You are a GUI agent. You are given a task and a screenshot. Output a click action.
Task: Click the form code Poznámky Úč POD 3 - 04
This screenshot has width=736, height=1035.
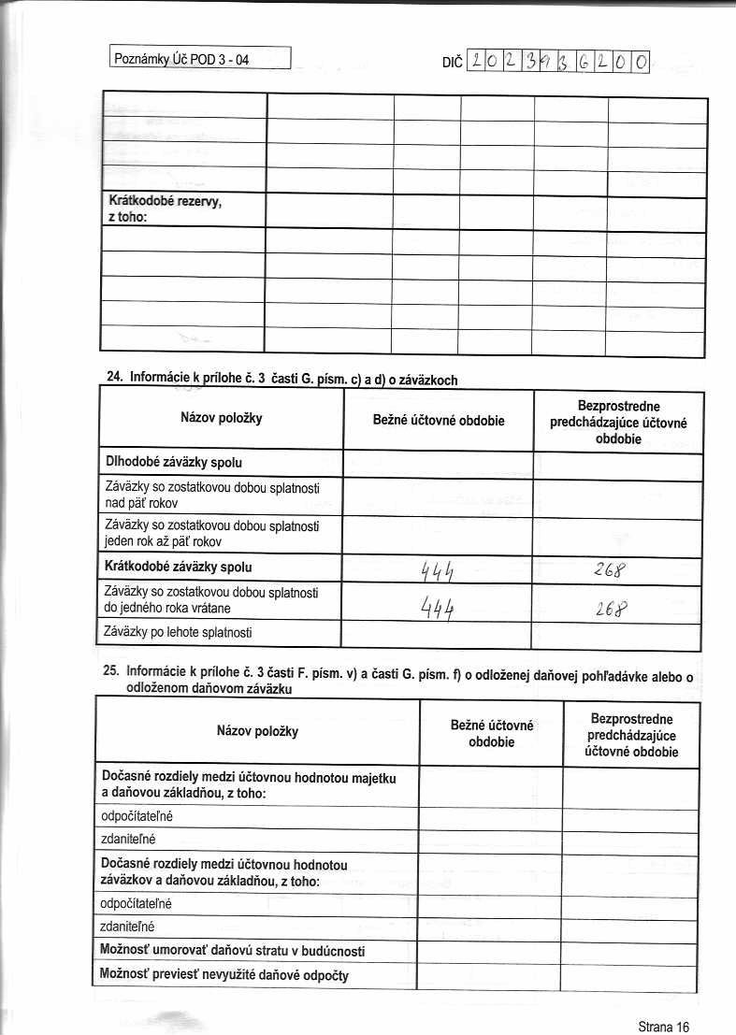(x=182, y=60)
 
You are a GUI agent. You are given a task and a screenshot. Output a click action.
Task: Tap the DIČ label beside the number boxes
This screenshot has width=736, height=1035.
(x=450, y=63)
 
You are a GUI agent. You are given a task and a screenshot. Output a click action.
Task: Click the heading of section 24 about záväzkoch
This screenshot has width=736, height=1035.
(x=281, y=379)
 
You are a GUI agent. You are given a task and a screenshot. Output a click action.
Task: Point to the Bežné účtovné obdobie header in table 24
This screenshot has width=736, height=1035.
(x=438, y=421)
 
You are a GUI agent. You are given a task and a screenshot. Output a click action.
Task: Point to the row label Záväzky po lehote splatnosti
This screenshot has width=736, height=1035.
(x=179, y=633)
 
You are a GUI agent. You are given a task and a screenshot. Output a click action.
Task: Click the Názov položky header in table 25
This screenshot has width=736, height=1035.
(x=257, y=730)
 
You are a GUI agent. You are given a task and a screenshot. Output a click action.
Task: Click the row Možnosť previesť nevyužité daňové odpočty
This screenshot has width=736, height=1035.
(x=224, y=975)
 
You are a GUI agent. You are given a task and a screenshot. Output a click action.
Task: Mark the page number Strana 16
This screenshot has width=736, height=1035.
(x=663, y=1026)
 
